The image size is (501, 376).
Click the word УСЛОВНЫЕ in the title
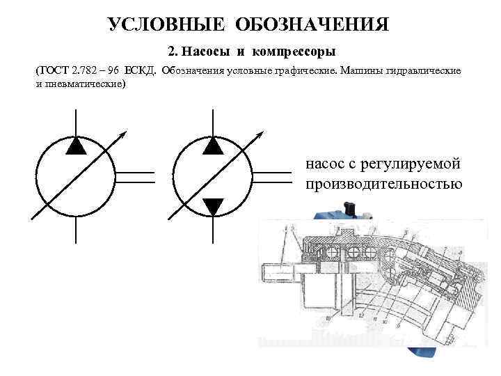(167, 25)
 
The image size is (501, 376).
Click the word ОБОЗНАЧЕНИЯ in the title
(312, 25)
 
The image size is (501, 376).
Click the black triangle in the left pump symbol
(76, 145)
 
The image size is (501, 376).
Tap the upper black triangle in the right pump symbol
(213, 145)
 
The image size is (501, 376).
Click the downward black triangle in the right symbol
(213, 206)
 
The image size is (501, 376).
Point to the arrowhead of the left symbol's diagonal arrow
(125, 132)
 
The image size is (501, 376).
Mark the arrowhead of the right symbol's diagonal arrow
(262, 132)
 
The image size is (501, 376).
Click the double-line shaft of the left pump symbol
(135, 177)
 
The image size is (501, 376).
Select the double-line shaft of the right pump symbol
(272, 177)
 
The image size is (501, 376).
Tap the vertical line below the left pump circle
(76, 230)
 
